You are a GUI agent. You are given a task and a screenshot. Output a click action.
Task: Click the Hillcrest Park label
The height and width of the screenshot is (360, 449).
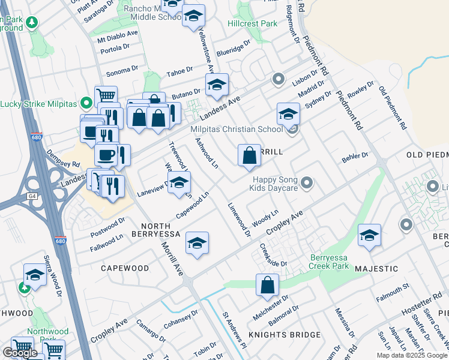tap(253, 23)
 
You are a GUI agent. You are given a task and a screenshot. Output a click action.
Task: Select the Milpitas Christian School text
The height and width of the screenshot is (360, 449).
tap(237, 130)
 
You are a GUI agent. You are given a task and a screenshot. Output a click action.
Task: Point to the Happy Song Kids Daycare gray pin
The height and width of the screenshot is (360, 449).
tap(307, 182)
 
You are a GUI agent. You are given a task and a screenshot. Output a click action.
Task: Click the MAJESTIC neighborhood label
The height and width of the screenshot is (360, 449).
tap(379, 269)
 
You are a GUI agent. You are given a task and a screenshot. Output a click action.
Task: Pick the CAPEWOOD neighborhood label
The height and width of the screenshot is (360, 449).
tap(125, 268)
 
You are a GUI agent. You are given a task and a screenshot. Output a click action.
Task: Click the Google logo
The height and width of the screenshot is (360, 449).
tap(20, 353)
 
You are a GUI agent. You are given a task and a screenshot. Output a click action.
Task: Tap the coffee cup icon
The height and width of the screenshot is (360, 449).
tap(106, 155)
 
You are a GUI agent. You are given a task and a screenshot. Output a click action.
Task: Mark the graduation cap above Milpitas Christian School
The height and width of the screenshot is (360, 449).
tap(288, 113)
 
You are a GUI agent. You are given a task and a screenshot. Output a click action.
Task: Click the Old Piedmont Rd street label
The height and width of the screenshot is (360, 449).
tap(394, 108)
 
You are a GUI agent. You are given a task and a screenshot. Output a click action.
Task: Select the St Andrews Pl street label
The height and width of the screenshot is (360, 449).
tap(234, 329)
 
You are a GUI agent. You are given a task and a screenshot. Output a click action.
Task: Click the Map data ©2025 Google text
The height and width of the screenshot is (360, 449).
tap(411, 355)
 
